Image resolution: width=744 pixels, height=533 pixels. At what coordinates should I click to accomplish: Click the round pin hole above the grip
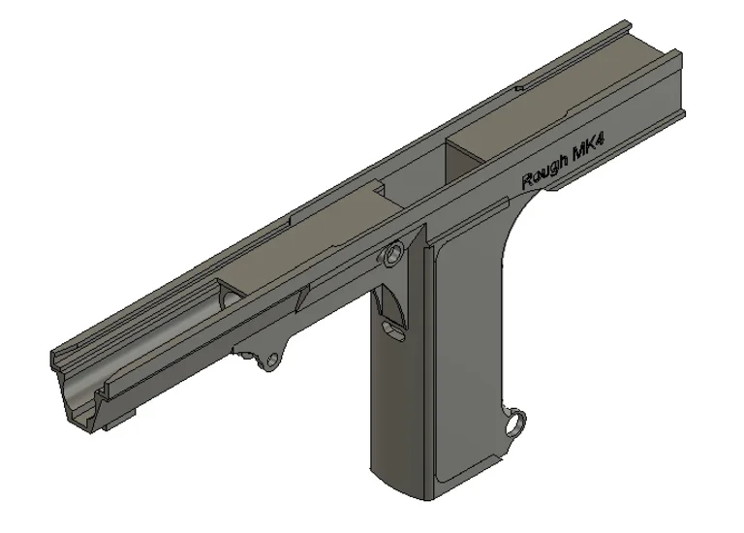pos(393,256)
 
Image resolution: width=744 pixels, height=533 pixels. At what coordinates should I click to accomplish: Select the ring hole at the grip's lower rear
pos(519,421)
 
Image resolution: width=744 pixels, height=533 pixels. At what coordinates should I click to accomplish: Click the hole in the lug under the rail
pos(269,363)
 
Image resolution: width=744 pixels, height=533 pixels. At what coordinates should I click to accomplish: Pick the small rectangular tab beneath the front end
pos(124,417)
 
